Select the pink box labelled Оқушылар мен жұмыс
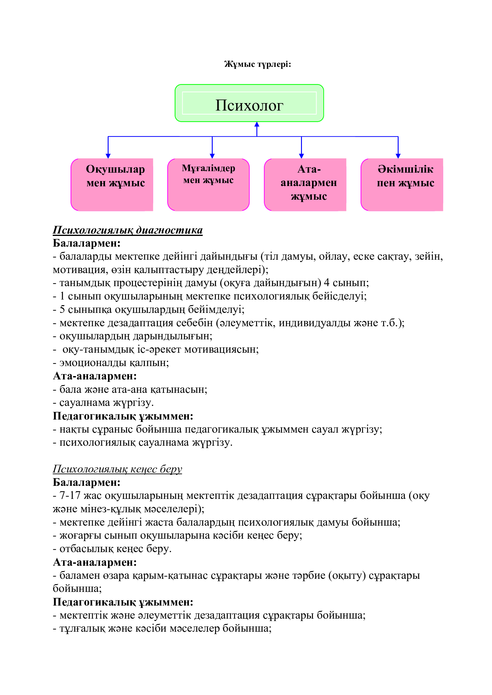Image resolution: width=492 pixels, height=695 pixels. (x=112, y=184)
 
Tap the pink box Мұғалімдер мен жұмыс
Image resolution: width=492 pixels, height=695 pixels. (x=209, y=184)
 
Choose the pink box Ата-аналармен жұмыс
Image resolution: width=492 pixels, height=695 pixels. (x=305, y=184)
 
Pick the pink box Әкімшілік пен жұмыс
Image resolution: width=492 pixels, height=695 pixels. (x=402, y=184)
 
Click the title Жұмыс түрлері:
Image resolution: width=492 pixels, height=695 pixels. (x=258, y=64)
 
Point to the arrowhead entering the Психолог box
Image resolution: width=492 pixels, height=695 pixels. (x=257, y=124)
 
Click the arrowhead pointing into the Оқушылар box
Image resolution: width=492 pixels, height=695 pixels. (x=108, y=156)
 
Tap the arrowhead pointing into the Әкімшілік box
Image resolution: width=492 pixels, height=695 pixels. (x=398, y=156)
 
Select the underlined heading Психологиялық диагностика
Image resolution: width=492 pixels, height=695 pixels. (x=128, y=230)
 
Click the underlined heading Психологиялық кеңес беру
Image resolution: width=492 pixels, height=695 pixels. (x=117, y=469)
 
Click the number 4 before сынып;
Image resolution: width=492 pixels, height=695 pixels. (x=327, y=283)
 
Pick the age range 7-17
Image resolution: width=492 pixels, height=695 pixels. (x=70, y=496)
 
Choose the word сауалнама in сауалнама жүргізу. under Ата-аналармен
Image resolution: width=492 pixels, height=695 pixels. (x=84, y=403)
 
